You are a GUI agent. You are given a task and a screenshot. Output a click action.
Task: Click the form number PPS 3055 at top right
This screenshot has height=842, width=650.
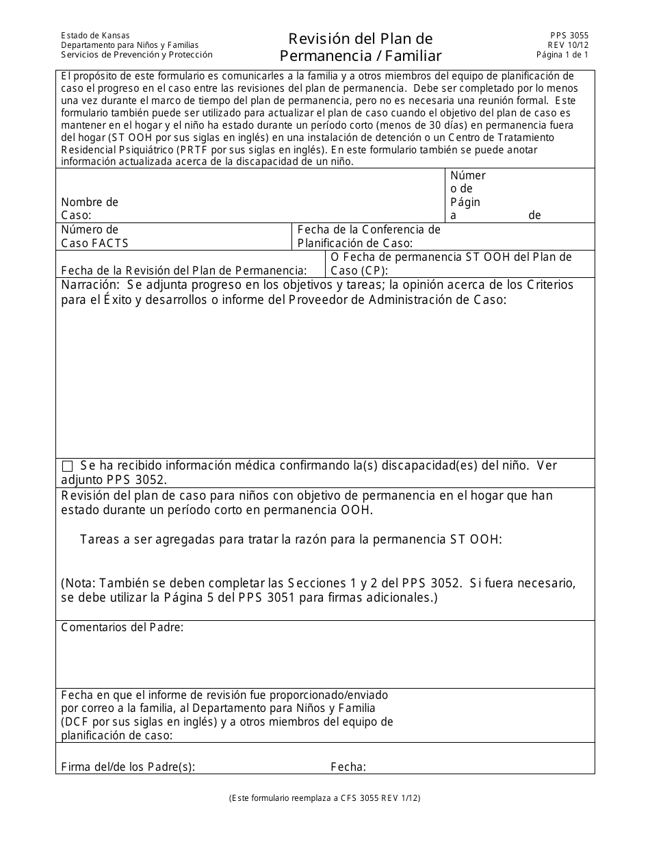coord(569,36)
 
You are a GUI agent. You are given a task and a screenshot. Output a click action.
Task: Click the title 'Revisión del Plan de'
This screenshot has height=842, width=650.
coord(360,38)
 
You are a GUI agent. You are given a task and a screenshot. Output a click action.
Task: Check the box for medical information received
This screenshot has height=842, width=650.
coord(67,466)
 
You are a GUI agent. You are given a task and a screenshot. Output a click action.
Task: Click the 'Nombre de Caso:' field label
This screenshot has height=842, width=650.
coord(89,209)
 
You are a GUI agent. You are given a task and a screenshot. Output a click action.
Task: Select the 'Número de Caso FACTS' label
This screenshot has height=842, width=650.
coord(94,236)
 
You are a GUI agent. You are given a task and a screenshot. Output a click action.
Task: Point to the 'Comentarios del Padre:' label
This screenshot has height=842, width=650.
coord(122,627)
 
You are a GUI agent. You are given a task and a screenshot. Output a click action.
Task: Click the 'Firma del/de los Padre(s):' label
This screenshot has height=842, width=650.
coord(128,767)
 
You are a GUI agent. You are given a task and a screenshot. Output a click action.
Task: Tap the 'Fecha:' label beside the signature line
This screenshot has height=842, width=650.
coord(348,767)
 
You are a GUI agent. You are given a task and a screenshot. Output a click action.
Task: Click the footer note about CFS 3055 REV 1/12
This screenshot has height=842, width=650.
coord(325,798)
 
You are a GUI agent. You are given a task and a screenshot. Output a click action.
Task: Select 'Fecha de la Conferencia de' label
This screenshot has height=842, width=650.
coord(369,230)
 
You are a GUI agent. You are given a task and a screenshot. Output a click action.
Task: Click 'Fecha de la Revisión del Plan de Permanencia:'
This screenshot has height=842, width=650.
coord(184,270)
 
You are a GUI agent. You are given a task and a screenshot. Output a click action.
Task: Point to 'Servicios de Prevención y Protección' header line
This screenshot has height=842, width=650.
coord(136,55)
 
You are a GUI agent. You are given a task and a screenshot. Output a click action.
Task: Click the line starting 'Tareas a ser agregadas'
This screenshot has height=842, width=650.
coord(291,539)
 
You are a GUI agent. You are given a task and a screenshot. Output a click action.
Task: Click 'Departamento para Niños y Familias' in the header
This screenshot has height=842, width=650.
coord(129,45)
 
